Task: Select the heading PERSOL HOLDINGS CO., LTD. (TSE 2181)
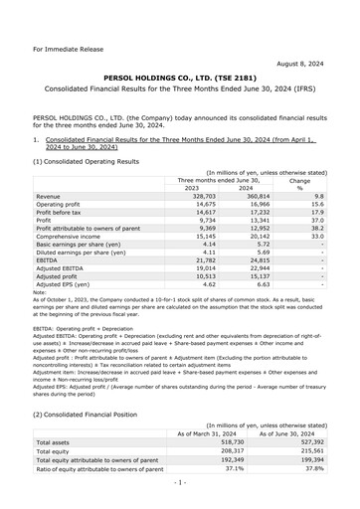pyautogui.click(x=180, y=76)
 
